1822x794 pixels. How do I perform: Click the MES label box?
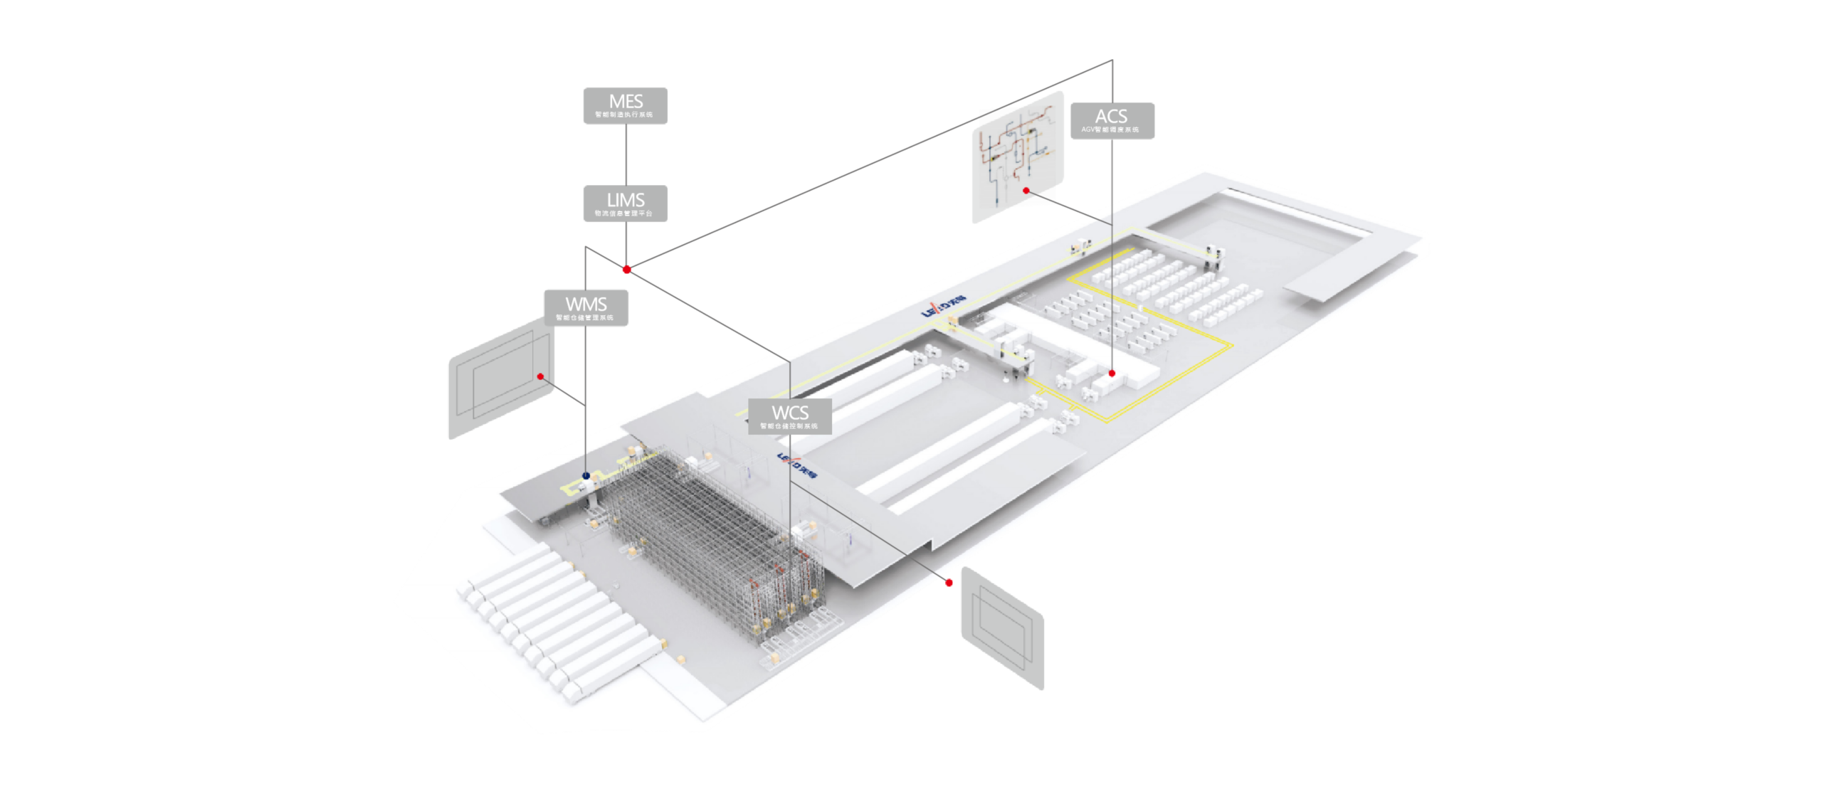point(625,106)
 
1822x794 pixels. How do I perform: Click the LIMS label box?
point(625,204)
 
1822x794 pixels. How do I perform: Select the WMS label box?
point(586,307)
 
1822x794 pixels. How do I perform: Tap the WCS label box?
point(789,416)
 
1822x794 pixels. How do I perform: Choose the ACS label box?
point(1112,120)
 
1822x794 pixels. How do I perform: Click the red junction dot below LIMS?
point(626,270)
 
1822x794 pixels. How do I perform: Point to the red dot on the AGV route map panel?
point(1026,191)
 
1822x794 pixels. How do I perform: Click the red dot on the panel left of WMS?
point(541,376)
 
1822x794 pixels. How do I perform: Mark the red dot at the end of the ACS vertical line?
point(1112,373)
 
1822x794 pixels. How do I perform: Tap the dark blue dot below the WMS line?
point(586,476)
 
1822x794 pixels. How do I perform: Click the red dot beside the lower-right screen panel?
point(949,583)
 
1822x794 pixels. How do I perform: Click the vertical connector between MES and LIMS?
point(626,155)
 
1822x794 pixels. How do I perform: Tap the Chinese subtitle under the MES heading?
point(624,115)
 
